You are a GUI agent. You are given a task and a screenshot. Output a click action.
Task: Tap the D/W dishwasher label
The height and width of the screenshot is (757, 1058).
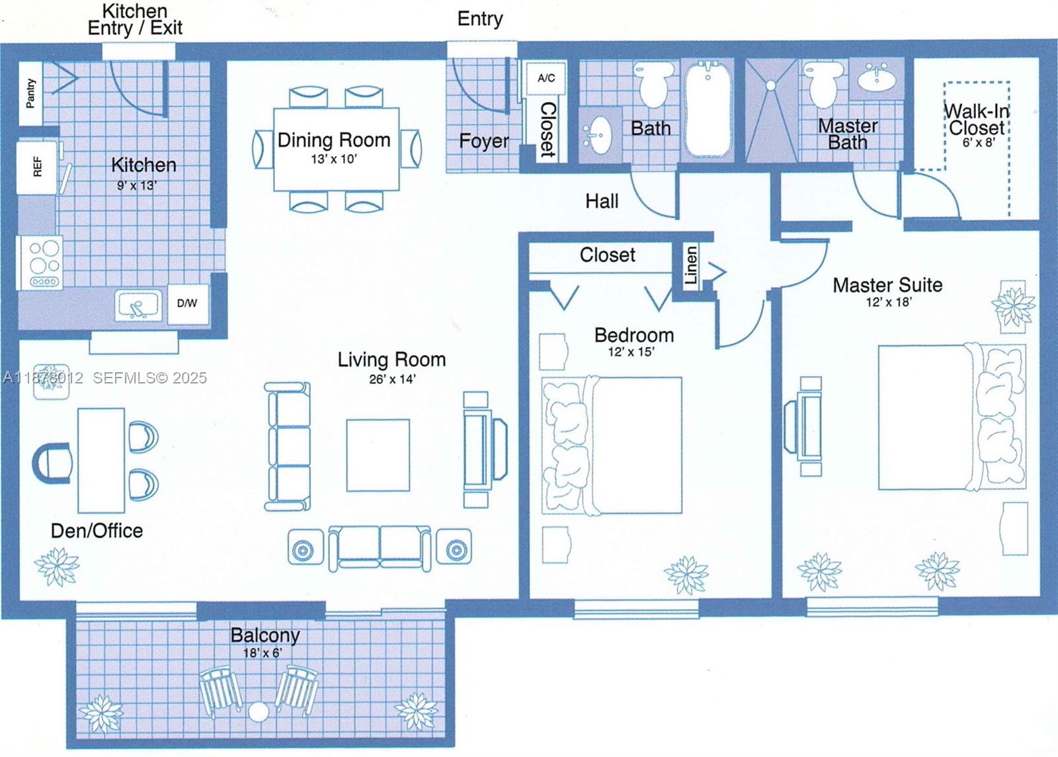[x=187, y=303]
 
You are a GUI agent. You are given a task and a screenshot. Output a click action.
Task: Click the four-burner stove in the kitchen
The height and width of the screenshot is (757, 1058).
[x=44, y=262]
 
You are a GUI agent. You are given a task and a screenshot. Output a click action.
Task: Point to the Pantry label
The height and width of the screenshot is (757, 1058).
[x=30, y=93]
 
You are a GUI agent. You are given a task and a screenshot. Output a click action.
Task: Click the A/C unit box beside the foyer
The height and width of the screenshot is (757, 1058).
[x=546, y=78]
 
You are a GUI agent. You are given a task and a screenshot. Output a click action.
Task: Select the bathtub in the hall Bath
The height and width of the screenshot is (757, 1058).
[x=708, y=109]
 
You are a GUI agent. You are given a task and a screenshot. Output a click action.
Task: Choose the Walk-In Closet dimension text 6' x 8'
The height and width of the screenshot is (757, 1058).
[x=978, y=142]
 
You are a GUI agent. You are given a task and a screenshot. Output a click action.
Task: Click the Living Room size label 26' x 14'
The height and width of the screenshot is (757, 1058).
[x=392, y=379]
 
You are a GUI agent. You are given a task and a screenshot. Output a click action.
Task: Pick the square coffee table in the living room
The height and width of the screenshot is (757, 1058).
[x=378, y=455]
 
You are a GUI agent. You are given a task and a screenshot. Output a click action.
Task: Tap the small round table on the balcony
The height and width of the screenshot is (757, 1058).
[x=259, y=713]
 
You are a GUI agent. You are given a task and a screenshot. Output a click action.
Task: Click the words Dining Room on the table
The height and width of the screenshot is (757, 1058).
[x=334, y=140]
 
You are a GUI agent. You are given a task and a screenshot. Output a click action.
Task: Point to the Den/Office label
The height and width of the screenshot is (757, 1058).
[x=97, y=530]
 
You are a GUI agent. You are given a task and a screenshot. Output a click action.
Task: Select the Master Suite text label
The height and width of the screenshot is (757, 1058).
[x=887, y=285]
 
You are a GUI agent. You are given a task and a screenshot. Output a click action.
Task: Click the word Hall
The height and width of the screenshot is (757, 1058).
[x=602, y=201]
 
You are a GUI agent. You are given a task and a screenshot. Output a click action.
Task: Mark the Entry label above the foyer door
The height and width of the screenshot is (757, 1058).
[x=480, y=19]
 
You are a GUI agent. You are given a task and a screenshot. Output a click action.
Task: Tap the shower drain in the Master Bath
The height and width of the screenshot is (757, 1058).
[x=771, y=85]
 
